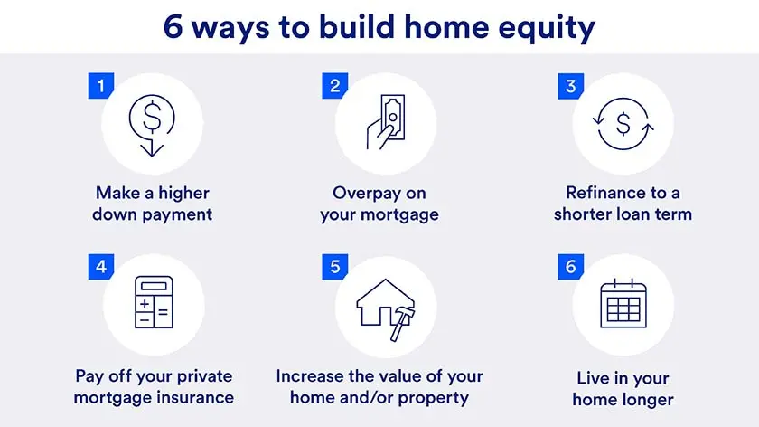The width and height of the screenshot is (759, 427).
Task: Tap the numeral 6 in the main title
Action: (x=174, y=26)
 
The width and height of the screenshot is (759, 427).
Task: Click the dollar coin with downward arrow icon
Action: (x=147, y=122)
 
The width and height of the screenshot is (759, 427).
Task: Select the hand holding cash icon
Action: (x=384, y=122)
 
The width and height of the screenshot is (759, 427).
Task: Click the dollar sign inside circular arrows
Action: (x=623, y=122)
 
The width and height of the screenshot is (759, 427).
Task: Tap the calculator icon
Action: (x=153, y=302)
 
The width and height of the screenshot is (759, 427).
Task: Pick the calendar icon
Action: (x=623, y=302)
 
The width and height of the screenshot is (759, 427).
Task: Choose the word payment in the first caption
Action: (x=178, y=214)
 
